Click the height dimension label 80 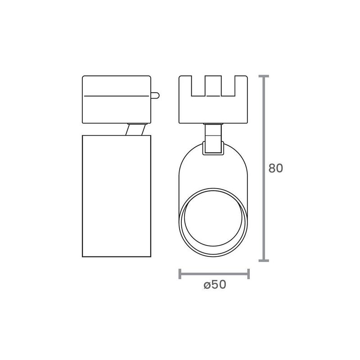tap(275, 168)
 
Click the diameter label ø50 tap(215, 285)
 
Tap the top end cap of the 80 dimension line tap(264, 76)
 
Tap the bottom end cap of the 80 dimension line tap(264, 261)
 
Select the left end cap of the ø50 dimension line tap(180, 274)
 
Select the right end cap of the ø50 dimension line tap(248, 274)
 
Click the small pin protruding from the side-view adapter tap(155, 95)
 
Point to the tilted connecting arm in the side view tap(135, 130)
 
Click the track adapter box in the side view tap(117, 99)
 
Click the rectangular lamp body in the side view tap(117, 196)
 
